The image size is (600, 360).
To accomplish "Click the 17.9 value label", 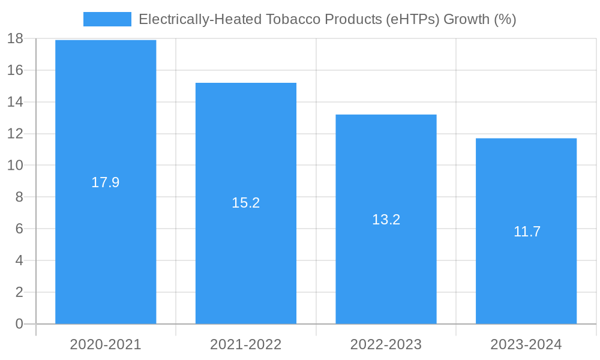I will click(x=106, y=182).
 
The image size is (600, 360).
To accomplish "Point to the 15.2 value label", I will click(x=246, y=203).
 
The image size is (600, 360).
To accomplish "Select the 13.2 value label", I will click(x=386, y=220).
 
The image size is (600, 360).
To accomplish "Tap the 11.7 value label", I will click(x=527, y=232).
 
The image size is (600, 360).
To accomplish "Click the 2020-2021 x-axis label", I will click(x=106, y=344).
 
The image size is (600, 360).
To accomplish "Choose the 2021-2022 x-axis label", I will click(x=246, y=344).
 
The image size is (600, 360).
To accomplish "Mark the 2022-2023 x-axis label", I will click(x=386, y=344).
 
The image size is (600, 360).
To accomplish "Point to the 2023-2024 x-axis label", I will click(x=526, y=344).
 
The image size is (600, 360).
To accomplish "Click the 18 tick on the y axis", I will click(x=15, y=39).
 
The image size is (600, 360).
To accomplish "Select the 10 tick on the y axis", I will click(x=15, y=166).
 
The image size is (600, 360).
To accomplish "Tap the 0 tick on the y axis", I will click(x=19, y=324).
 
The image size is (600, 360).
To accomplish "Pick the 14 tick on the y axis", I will click(x=15, y=102).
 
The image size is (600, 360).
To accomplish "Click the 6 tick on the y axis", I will click(x=19, y=229).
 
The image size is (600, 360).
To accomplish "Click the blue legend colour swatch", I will click(x=107, y=19).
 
